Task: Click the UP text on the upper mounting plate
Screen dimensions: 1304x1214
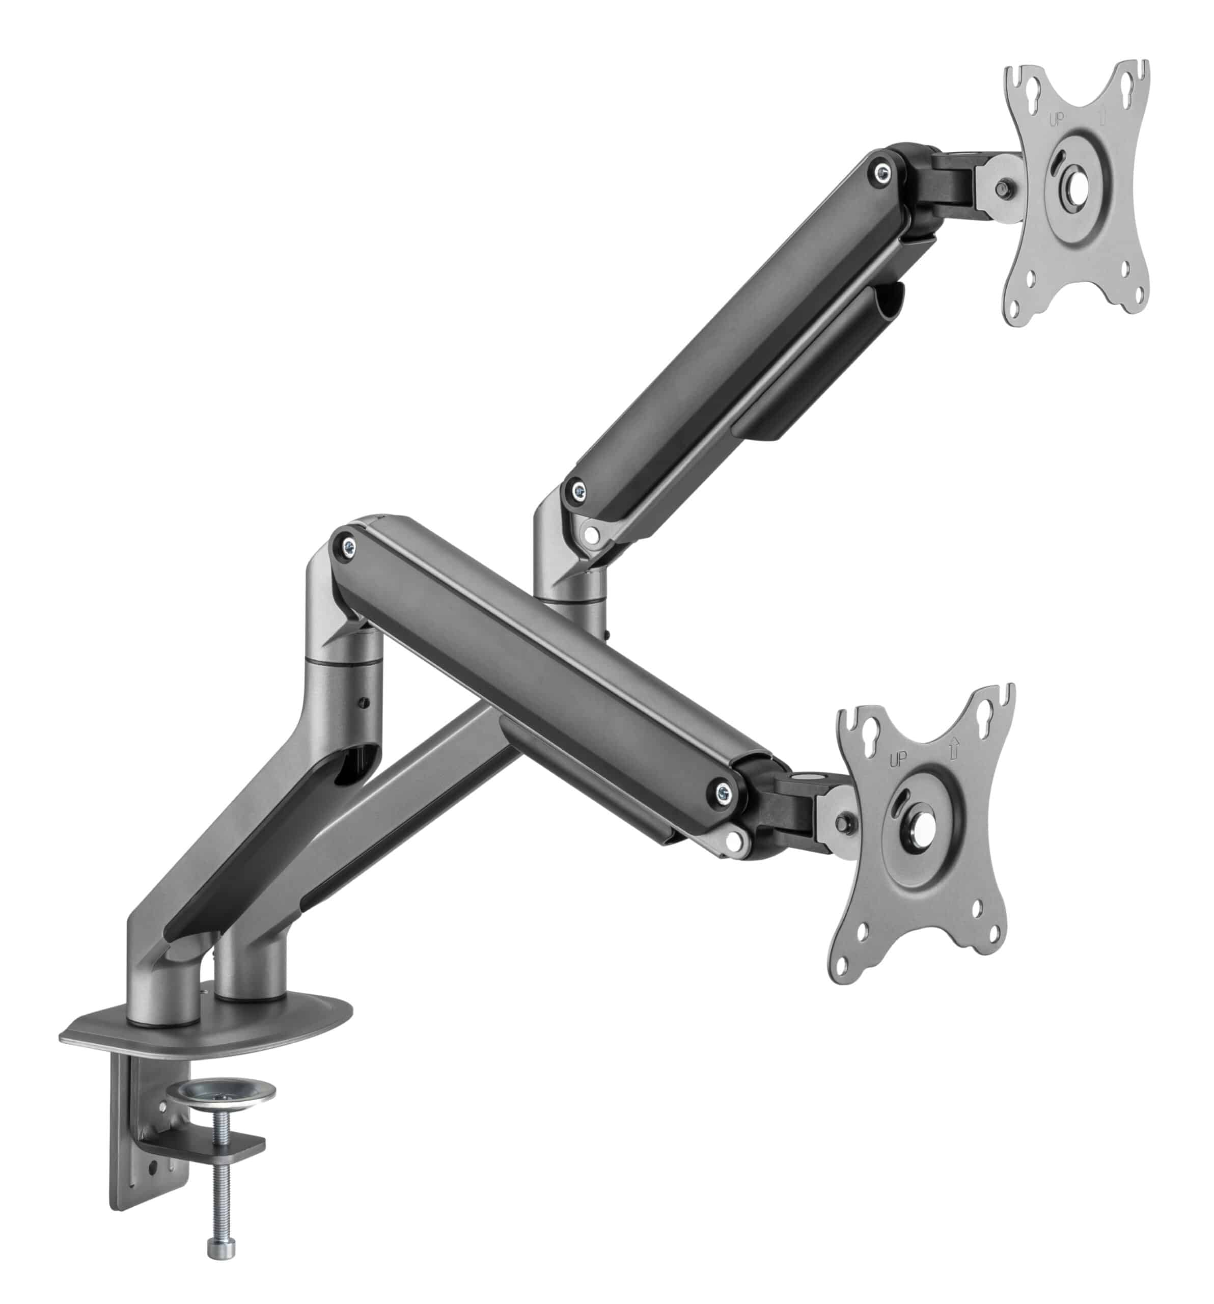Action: [1056, 120]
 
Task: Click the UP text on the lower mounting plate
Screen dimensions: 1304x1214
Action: [897, 759]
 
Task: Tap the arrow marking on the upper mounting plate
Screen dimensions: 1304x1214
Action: [1102, 116]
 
